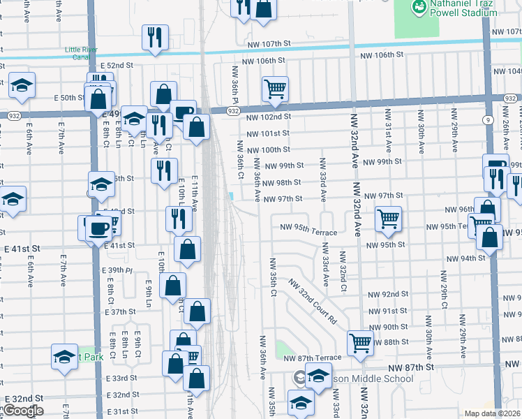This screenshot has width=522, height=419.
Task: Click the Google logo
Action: pos(23,411)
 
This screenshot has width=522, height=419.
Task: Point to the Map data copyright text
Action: pos(493,413)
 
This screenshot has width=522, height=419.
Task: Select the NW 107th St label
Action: pos(268,45)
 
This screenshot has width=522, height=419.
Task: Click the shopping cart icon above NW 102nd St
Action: pos(276,89)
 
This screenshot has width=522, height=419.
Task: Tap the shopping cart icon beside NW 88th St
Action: pos(360,342)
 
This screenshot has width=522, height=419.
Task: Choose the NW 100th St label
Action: pos(269,149)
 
